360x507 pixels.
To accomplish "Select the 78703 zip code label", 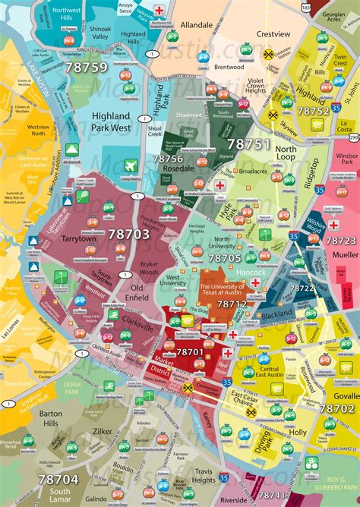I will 128,235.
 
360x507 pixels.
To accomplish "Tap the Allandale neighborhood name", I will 196,25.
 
